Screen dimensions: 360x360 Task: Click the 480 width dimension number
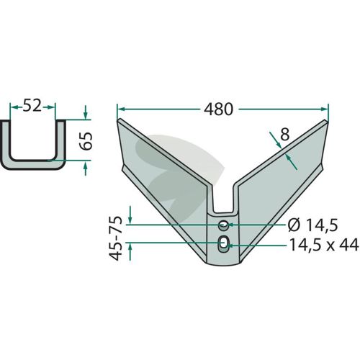(x=218, y=109)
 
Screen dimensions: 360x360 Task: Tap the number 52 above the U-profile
(x=32, y=106)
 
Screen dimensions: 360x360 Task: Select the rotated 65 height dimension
(x=86, y=141)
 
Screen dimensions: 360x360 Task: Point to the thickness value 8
(x=285, y=135)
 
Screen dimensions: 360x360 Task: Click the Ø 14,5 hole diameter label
(x=312, y=225)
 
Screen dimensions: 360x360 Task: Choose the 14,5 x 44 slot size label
(x=324, y=245)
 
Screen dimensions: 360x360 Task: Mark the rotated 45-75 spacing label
(x=117, y=238)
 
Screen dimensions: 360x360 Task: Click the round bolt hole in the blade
(x=223, y=225)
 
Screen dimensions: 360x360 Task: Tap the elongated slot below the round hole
(x=223, y=244)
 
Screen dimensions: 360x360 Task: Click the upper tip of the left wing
(x=118, y=120)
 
